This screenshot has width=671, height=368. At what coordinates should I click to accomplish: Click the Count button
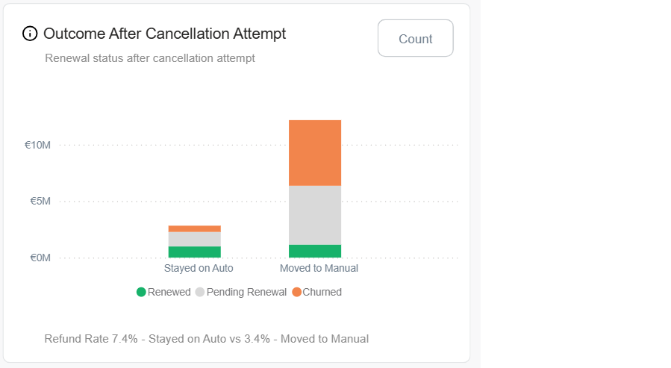[x=415, y=39]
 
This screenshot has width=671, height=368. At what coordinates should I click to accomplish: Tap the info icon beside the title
[x=30, y=34]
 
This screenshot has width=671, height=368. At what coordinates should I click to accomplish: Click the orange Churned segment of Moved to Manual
[x=315, y=152]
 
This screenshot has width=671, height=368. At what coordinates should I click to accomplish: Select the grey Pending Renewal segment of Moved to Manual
[x=315, y=215]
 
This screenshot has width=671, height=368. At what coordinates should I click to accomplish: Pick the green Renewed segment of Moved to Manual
[x=315, y=251]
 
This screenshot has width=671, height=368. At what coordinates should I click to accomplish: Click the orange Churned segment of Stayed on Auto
[x=195, y=228]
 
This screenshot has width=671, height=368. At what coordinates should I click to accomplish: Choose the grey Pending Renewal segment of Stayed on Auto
[x=195, y=239]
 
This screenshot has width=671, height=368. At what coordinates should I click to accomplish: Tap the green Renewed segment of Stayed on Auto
[x=195, y=252]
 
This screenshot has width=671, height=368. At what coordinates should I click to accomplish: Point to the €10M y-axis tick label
[x=37, y=145]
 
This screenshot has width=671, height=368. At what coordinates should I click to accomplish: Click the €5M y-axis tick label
[x=40, y=202]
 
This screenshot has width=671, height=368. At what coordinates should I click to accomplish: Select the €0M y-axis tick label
[x=40, y=258]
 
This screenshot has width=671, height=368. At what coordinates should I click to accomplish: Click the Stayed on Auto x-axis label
[x=199, y=268]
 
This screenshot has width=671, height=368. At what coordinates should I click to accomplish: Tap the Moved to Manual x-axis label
[x=319, y=268]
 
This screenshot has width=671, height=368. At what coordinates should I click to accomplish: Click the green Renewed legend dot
[x=141, y=292]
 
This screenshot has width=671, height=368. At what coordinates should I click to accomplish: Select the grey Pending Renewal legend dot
[x=200, y=292]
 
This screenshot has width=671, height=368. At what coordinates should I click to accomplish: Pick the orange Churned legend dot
[x=296, y=292]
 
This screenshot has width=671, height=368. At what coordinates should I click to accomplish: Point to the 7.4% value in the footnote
[x=125, y=339]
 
